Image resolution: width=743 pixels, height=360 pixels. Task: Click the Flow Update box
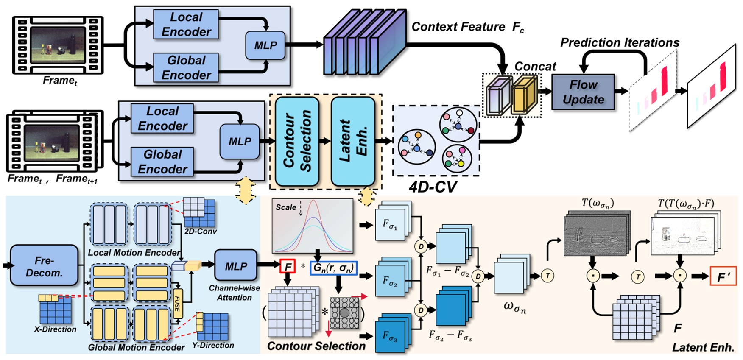[x=583, y=92]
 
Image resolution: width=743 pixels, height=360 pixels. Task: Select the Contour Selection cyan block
[x=297, y=141]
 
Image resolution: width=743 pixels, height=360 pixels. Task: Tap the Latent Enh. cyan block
[x=353, y=141]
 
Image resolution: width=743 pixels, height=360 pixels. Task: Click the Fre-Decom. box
[x=44, y=266]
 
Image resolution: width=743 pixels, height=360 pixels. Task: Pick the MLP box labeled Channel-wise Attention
[x=236, y=266]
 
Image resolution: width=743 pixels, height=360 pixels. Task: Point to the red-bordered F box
[x=288, y=267]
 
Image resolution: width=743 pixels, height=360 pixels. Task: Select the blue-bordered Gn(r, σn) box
[x=333, y=268]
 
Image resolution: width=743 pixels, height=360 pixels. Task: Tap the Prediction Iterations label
[x=619, y=43]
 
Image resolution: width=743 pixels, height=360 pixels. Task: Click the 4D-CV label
[x=433, y=187]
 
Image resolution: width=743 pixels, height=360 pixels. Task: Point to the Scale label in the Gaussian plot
[x=286, y=207]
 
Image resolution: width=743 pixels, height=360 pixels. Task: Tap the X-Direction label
[x=55, y=329]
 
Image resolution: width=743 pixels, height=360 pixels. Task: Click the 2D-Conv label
[x=200, y=232]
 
